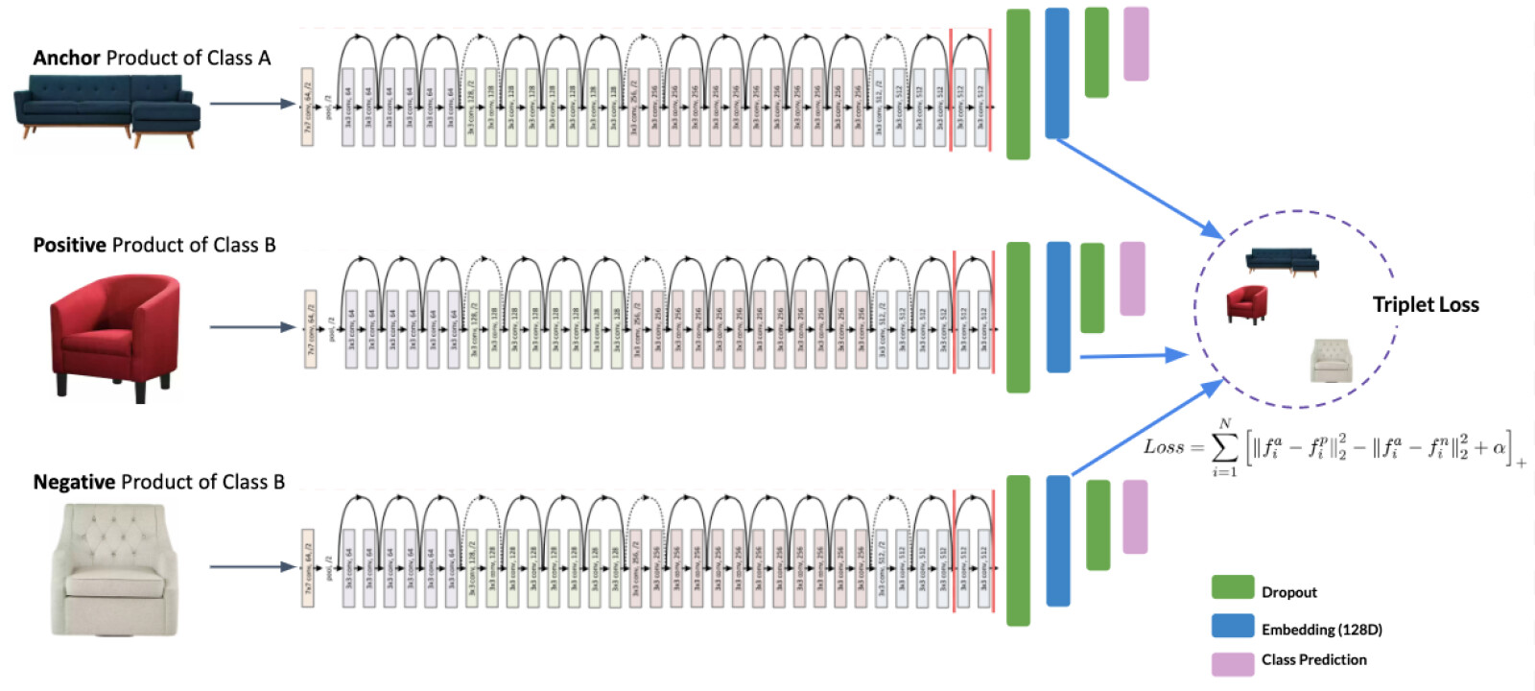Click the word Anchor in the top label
66,58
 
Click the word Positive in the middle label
69,245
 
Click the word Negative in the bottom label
74,482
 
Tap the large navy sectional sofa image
107,111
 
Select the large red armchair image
115,336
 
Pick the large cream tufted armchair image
115,571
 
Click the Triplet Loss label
1426,305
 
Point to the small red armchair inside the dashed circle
1246,304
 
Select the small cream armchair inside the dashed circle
1332,361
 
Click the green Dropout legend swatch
1233,587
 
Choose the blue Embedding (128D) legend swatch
1233,626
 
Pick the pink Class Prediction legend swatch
1233,663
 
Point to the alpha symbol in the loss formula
1498,448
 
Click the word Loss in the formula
1164,447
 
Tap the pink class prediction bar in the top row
1136,44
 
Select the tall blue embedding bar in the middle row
1058,307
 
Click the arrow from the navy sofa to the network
251,104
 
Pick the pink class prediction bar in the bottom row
1135,516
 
